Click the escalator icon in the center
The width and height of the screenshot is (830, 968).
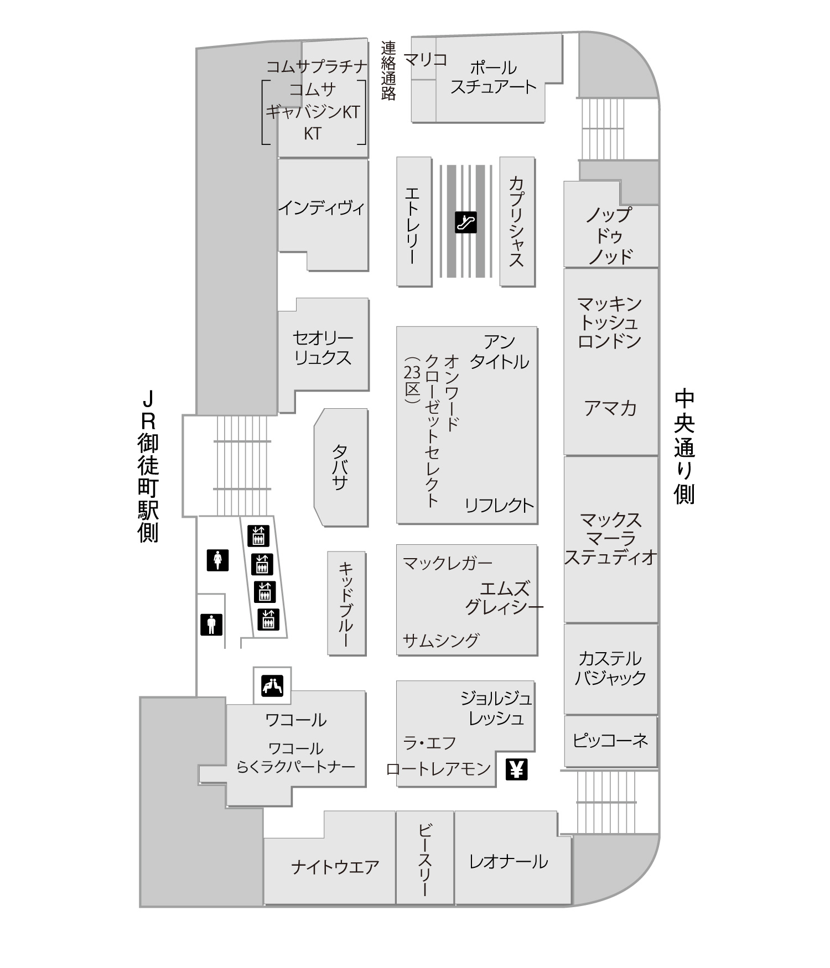click(x=465, y=222)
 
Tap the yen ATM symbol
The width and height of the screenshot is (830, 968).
click(x=517, y=769)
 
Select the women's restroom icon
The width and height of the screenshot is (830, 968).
click(x=218, y=560)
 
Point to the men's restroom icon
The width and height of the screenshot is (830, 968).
click(x=211, y=624)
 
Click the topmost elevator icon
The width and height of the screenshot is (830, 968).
click(x=258, y=535)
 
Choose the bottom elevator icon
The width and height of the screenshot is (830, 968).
click(x=269, y=619)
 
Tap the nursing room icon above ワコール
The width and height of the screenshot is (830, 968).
click(x=272, y=686)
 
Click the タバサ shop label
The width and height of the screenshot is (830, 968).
click(x=340, y=468)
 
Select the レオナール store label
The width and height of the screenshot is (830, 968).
click(x=509, y=861)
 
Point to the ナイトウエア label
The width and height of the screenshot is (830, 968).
click(x=335, y=866)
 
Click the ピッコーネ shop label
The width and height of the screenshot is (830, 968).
click(x=610, y=740)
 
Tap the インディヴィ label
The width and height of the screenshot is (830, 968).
click(x=321, y=208)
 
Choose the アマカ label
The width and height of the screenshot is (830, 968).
click(x=610, y=408)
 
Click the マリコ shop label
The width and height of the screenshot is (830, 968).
click(x=426, y=59)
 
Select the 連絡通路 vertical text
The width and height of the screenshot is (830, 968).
click(x=388, y=70)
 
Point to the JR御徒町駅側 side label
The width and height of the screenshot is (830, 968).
click(x=148, y=467)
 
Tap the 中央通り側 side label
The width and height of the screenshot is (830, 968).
click(x=684, y=447)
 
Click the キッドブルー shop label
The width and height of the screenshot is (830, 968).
click(x=346, y=603)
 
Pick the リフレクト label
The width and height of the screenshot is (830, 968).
click(x=499, y=505)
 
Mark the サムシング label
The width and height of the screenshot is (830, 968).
click(x=441, y=640)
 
